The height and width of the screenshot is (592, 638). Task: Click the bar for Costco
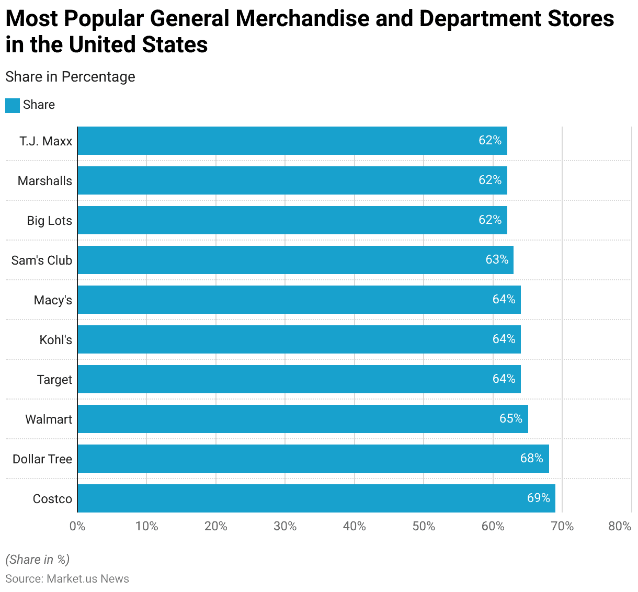tap(316, 498)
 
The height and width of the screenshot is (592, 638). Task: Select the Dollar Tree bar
tap(313, 459)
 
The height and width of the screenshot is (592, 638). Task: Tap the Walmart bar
tap(302, 419)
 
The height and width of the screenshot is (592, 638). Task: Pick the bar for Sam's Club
tap(295, 260)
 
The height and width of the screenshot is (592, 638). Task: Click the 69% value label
tap(538, 498)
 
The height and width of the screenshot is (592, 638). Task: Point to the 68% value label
tap(531, 458)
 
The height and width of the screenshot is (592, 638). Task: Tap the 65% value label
tap(510, 418)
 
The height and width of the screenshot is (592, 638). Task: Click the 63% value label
tap(496, 259)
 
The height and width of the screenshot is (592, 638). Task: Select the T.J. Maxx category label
tap(46, 141)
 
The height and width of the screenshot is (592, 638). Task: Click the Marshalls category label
tap(45, 181)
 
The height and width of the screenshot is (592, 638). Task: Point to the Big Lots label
tap(50, 221)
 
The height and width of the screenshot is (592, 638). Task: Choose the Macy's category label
tap(53, 300)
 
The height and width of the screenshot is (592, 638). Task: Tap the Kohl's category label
tap(56, 340)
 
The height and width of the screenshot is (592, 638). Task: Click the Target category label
tap(54, 380)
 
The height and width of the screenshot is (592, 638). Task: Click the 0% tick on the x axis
tap(77, 526)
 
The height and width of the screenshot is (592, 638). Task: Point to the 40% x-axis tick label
tap(354, 526)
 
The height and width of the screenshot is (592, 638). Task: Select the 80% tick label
tap(620, 526)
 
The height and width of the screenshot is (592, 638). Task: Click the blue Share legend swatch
tap(13, 105)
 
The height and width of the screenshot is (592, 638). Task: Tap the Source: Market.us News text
tap(67, 579)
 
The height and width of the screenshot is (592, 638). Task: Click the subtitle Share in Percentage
tap(70, 77)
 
